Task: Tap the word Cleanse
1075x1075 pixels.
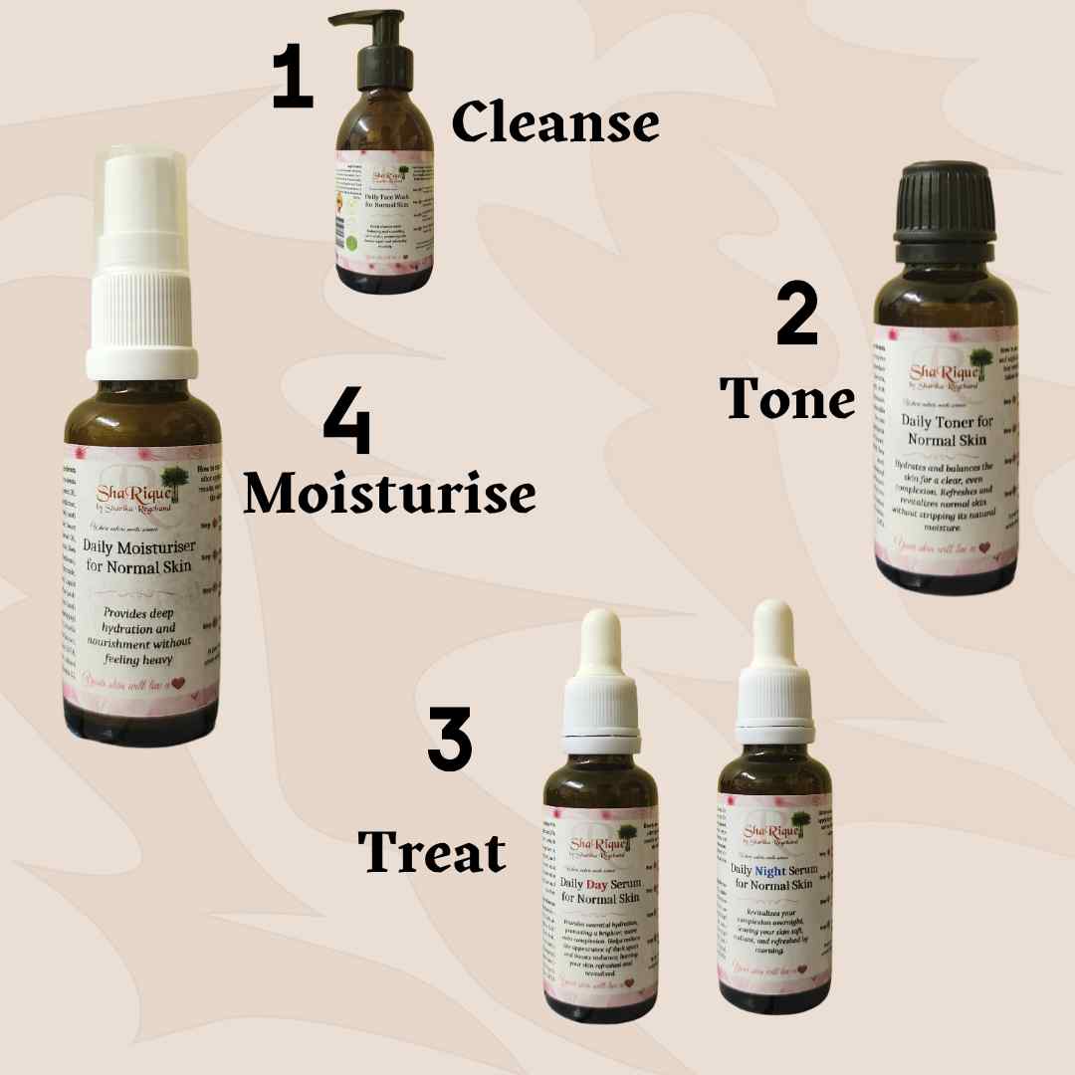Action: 555,124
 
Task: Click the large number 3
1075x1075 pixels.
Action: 449,740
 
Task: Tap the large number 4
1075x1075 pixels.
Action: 347,425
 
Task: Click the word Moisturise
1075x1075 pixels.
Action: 389,493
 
